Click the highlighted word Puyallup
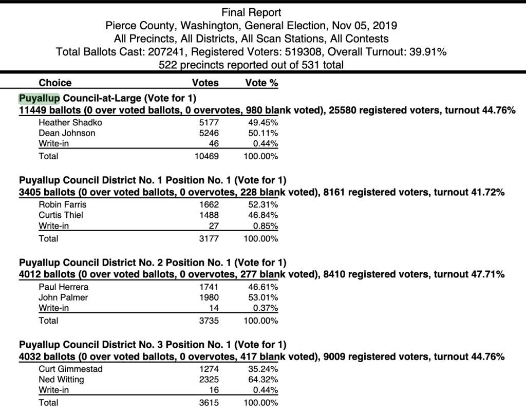pos(40,98)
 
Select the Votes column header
pos(205,83)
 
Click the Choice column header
pos(55,83)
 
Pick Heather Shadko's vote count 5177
pos(209,122)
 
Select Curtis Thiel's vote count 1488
pos(209,215)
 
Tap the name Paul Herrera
pos(63,287)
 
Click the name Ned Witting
pos(61,380)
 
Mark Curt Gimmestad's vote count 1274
pos(209,369)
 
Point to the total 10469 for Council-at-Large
pos(206,156)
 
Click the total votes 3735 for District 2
pos(209,321)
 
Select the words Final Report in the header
pos(251,12)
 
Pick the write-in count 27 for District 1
pos(214,226)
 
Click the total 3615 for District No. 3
pos(209,403)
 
